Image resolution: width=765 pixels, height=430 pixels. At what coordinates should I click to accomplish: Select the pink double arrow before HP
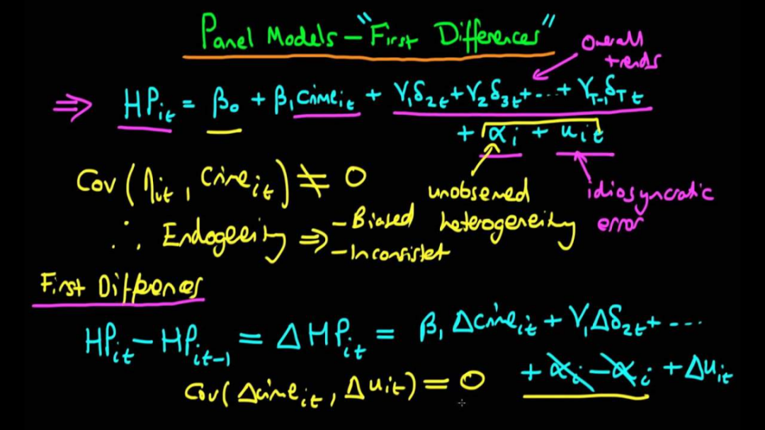(x=72, y=108)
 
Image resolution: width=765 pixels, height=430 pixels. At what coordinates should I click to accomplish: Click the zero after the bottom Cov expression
(x=470, y=383)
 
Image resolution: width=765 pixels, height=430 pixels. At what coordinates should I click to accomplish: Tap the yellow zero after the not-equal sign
(x=353, y=179)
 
